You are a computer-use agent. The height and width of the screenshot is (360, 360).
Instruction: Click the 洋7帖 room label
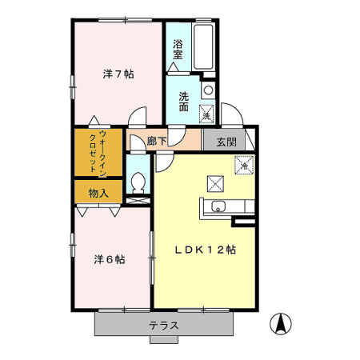tap(118, 74)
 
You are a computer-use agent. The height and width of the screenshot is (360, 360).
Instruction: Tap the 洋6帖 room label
tap(109, 259)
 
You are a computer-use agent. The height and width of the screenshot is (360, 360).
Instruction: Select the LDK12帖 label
tap(206, 249)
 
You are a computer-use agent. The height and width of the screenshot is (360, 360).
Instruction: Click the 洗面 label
tap(184, 102)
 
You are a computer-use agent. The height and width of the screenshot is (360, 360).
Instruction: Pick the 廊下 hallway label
tap(157, 142)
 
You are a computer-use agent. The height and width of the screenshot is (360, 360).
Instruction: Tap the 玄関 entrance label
tap(225, 142)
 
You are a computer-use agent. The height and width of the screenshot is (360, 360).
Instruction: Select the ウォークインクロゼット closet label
tap(98, 152)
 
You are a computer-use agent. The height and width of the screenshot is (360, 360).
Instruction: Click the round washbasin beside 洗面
tap(208, 90)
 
